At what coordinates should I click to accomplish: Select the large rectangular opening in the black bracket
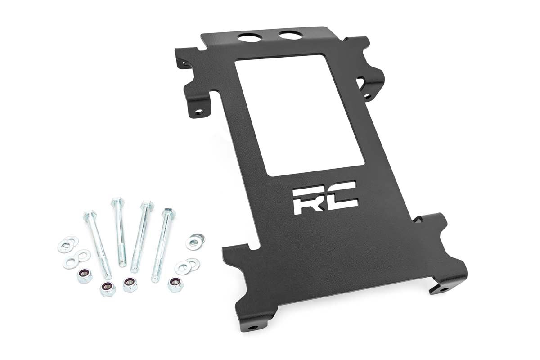tap(300, 115)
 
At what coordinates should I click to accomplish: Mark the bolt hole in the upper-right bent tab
tap(367, 96)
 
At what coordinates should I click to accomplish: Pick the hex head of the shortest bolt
tap(117, 201)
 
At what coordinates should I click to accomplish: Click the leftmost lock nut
tap(85, 275)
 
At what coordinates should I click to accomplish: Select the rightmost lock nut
tap(175, 283)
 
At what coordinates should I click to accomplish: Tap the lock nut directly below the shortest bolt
tap(130, 284)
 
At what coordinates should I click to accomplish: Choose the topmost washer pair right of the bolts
tap(195, 241)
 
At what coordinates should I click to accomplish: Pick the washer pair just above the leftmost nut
tap(76, 259)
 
